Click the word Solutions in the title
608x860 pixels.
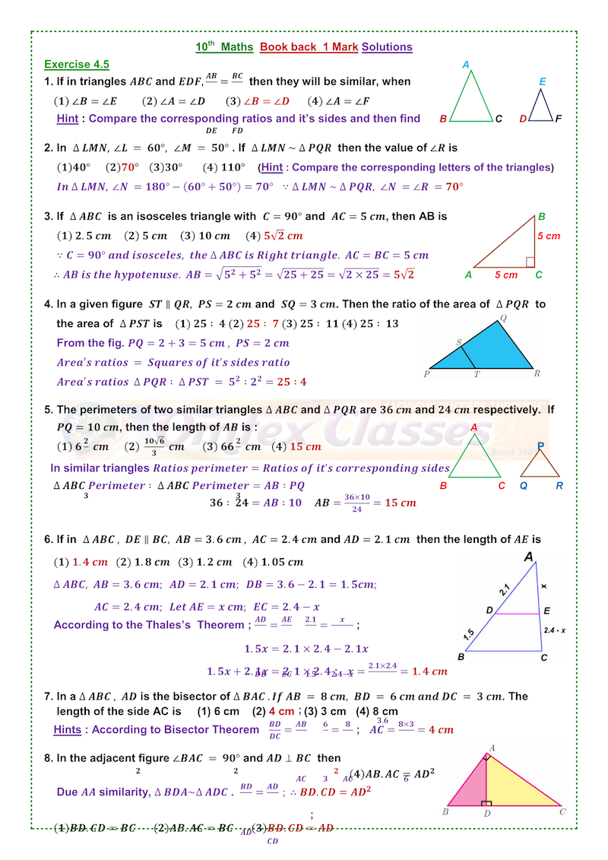pos(387,47)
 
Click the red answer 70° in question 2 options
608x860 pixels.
pos(130,167)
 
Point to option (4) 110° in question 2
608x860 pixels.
pos(224,167)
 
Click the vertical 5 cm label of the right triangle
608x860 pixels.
pos(548,236)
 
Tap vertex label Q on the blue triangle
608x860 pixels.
pos(503,319)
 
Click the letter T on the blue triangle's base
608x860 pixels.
pos(477,374)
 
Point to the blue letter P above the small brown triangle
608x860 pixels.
pos(540,446)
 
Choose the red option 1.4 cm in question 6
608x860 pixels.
pos(90,563)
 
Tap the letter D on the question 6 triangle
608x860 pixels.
pos(490,611)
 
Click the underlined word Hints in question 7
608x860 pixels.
pos(67,730)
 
